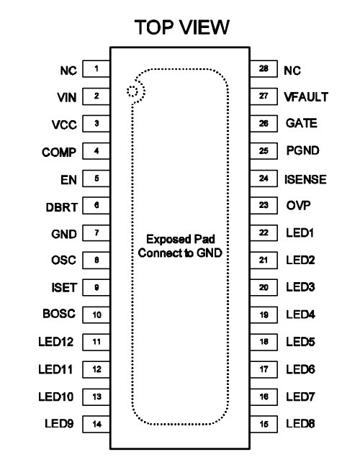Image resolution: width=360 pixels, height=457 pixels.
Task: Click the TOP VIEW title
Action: coord(182,27)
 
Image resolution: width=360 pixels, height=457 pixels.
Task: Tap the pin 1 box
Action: coord(96,69)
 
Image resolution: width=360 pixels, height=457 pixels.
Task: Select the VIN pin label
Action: coord(67,98)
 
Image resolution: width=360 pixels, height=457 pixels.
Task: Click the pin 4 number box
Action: coord(96,151)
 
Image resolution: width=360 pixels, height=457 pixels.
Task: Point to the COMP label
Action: coord(59,153)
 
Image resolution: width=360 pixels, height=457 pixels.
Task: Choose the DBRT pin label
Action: coord(62,207)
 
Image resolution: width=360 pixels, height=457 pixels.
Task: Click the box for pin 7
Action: coord(96,233)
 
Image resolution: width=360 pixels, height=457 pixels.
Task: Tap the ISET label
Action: coord(64,288)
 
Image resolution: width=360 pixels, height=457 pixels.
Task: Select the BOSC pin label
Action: coord(59,314)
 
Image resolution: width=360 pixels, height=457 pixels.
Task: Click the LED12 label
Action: coord(56,342)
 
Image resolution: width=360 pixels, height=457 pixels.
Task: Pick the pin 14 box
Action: coord(96,424)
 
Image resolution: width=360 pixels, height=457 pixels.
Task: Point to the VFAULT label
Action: coord(306,97)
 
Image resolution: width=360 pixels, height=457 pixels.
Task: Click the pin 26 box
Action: coord(264,124)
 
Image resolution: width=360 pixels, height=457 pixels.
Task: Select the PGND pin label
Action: coord(303,150)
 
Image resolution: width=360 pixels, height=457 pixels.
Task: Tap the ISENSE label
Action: coord(305,179)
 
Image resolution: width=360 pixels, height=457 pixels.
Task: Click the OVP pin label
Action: coord(298,206)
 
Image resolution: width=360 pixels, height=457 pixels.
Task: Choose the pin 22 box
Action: coord(264,233)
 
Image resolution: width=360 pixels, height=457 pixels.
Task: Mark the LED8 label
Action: coord(300,423)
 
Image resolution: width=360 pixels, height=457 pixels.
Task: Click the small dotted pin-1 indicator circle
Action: coord(132,91)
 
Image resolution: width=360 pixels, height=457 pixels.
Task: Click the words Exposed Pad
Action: coord(181,239)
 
